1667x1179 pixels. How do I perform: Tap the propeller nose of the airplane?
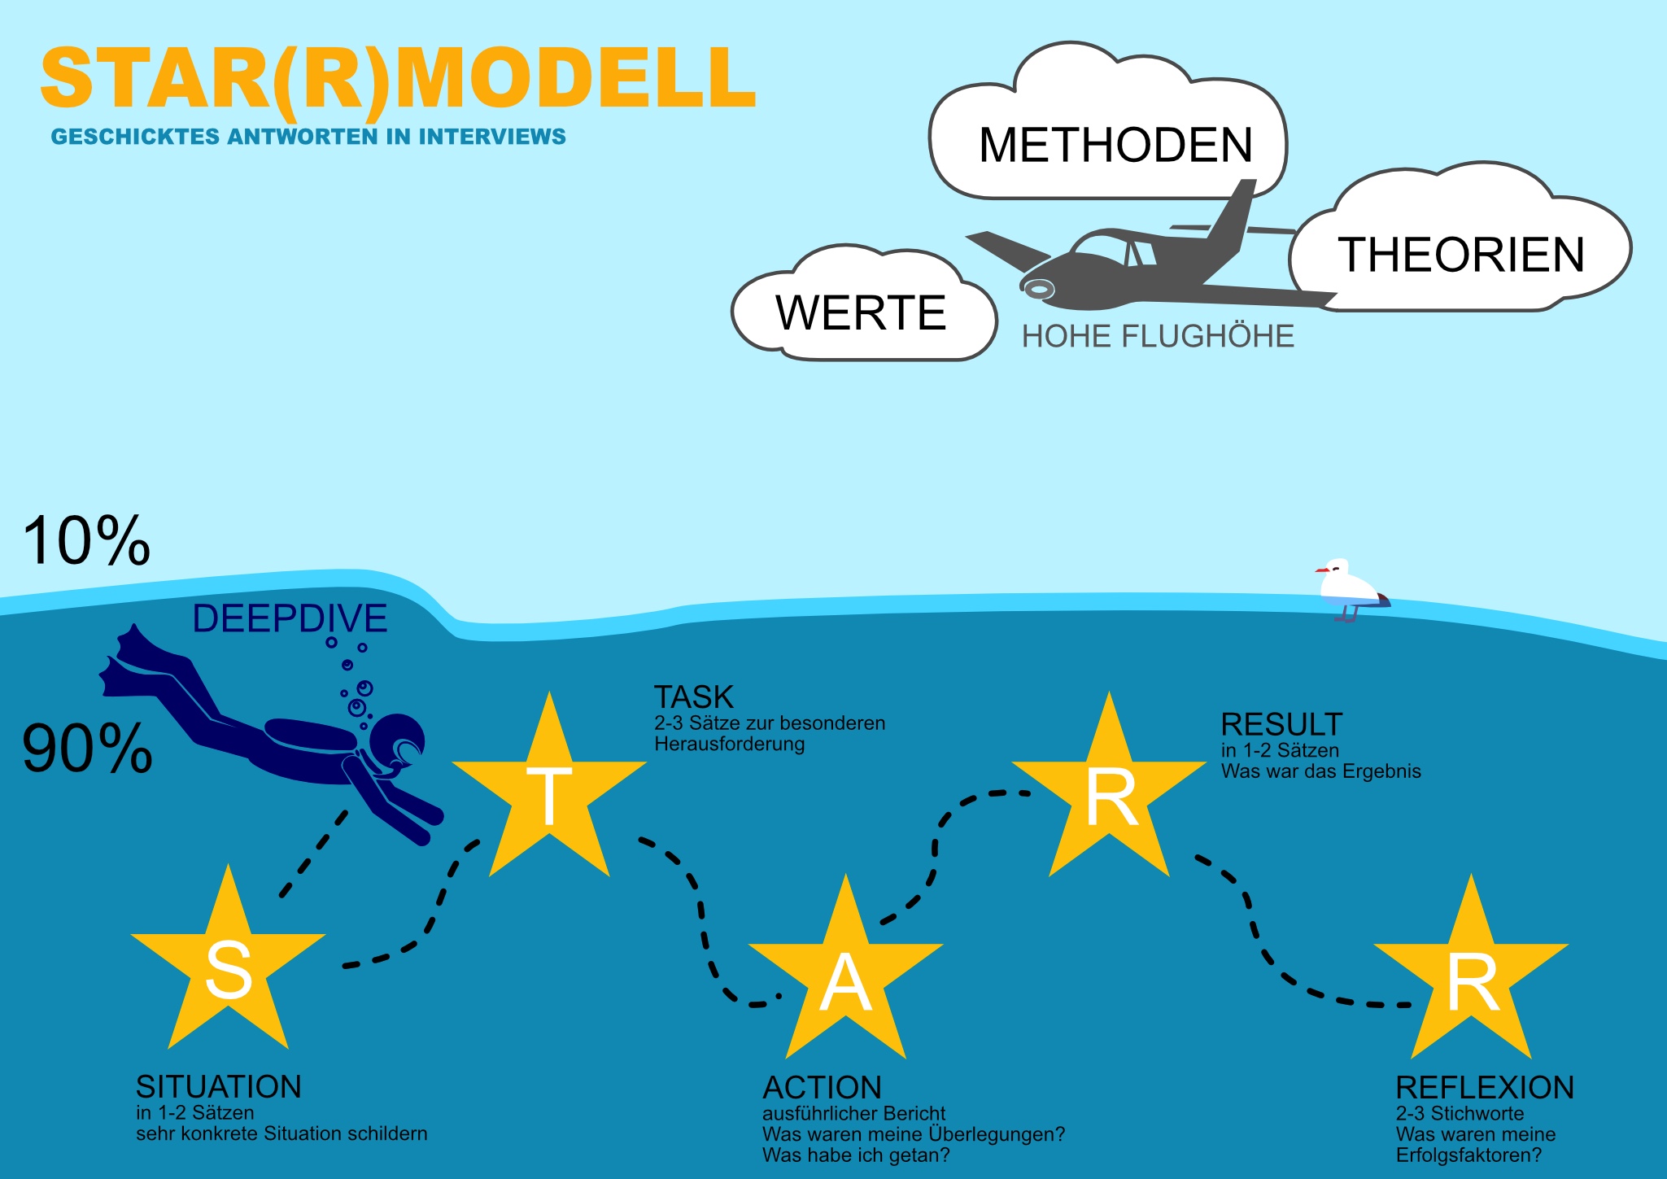(1037, 288)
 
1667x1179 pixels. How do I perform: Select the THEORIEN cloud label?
(1461, 255)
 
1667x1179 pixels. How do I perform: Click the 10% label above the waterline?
(86, 541)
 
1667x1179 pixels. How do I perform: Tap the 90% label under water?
(87, 749)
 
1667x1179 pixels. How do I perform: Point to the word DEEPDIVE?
(290, 619)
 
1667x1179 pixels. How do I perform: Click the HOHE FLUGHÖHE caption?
(1157, 336)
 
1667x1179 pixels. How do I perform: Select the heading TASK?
(693, 697)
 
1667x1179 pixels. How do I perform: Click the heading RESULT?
(1281, 724)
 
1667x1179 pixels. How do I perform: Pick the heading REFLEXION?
(1485, 1087)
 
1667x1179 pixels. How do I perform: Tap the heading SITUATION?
(218, 1087)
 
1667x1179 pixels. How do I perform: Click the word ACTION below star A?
(822, 1088)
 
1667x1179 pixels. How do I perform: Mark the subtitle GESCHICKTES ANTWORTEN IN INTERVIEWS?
(308, 137)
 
